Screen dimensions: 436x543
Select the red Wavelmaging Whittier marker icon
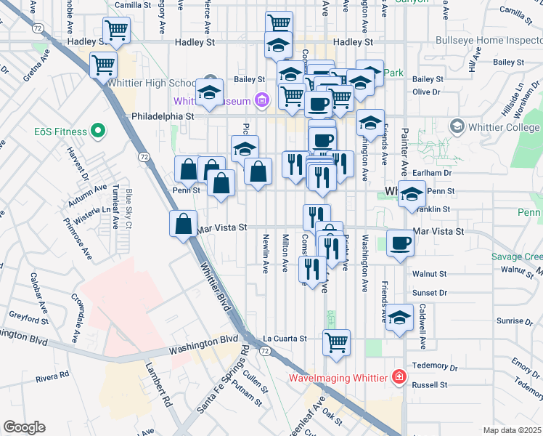click(399, 377)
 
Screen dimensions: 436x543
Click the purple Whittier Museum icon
click(262, 100)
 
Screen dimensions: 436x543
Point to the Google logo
click(24, 427)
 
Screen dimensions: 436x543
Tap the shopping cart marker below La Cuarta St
click(336, 342)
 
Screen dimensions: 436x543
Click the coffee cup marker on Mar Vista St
click(399, 242)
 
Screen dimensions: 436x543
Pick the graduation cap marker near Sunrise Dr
click(399, 318)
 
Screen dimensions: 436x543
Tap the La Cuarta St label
click(285, 339)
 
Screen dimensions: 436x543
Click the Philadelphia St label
click(163, 116)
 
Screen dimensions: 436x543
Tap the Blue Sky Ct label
click(128, 209)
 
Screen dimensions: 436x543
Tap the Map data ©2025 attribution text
click(512, 430)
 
